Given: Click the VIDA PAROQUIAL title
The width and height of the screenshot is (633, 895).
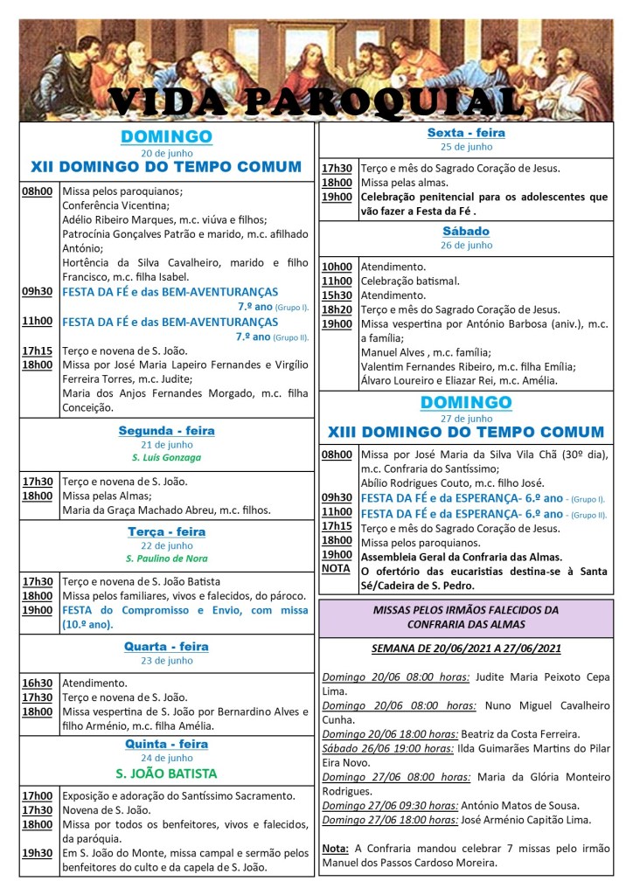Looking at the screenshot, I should (x=316, y=102).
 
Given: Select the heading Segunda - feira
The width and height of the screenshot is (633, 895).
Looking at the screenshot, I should (x=166, y=431).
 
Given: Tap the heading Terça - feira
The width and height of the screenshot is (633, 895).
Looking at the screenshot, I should (x=166, y=531).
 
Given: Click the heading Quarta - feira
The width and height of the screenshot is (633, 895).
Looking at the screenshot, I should (x=166, y=647).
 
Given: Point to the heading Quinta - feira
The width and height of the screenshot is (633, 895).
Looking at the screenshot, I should (x=166, y=744).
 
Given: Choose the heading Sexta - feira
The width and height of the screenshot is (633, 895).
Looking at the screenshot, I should (x=466, y=133).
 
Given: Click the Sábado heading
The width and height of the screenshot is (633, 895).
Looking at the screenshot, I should (x=466, y=232).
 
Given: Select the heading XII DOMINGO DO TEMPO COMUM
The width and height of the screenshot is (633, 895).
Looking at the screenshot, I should (x=166, y=166).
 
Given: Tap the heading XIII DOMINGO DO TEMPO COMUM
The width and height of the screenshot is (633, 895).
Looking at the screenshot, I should (x=466, y=432).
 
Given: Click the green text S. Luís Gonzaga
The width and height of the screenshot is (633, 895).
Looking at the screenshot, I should (x=166, y=457).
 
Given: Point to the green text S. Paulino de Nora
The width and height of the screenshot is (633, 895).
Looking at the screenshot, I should (x=166, y=558).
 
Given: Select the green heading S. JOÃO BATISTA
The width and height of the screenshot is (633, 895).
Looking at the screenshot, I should (x=166, y=774).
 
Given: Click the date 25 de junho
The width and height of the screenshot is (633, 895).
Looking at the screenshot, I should (x=466, y=147).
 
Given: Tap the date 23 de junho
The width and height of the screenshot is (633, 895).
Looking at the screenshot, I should (x=166, y=661).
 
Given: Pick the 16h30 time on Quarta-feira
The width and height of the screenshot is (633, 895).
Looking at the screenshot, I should (x=38, y=683).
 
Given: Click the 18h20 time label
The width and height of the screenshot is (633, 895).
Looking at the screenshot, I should (x=337, y=309).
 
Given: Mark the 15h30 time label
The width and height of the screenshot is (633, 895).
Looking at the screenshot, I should (x=337, y=295).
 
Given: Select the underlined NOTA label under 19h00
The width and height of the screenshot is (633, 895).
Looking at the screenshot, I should (x=336, y=568).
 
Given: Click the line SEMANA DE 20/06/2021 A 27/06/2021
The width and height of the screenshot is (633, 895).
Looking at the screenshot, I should (x=466, y=649).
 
